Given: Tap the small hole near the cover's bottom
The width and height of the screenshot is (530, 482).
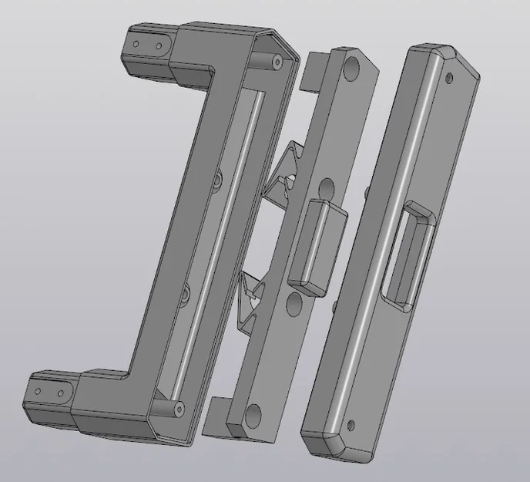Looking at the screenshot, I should point(351,423).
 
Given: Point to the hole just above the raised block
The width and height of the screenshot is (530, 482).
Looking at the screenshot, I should point(326,187).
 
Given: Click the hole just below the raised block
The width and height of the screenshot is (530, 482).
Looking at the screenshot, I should point(294,305).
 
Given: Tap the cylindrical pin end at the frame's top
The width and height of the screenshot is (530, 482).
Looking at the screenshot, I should point(273,59).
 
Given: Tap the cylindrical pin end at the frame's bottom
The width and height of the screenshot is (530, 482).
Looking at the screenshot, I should point(179,406).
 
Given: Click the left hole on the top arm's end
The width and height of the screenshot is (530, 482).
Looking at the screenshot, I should point(136,44).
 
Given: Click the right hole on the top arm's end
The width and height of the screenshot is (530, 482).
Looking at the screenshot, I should point(159,47).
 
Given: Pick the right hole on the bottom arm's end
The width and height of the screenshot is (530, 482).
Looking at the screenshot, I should point(60,394).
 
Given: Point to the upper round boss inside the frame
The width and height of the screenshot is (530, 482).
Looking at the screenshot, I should point(218,179).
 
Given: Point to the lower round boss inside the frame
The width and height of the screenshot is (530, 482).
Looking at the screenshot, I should point(186,294).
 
